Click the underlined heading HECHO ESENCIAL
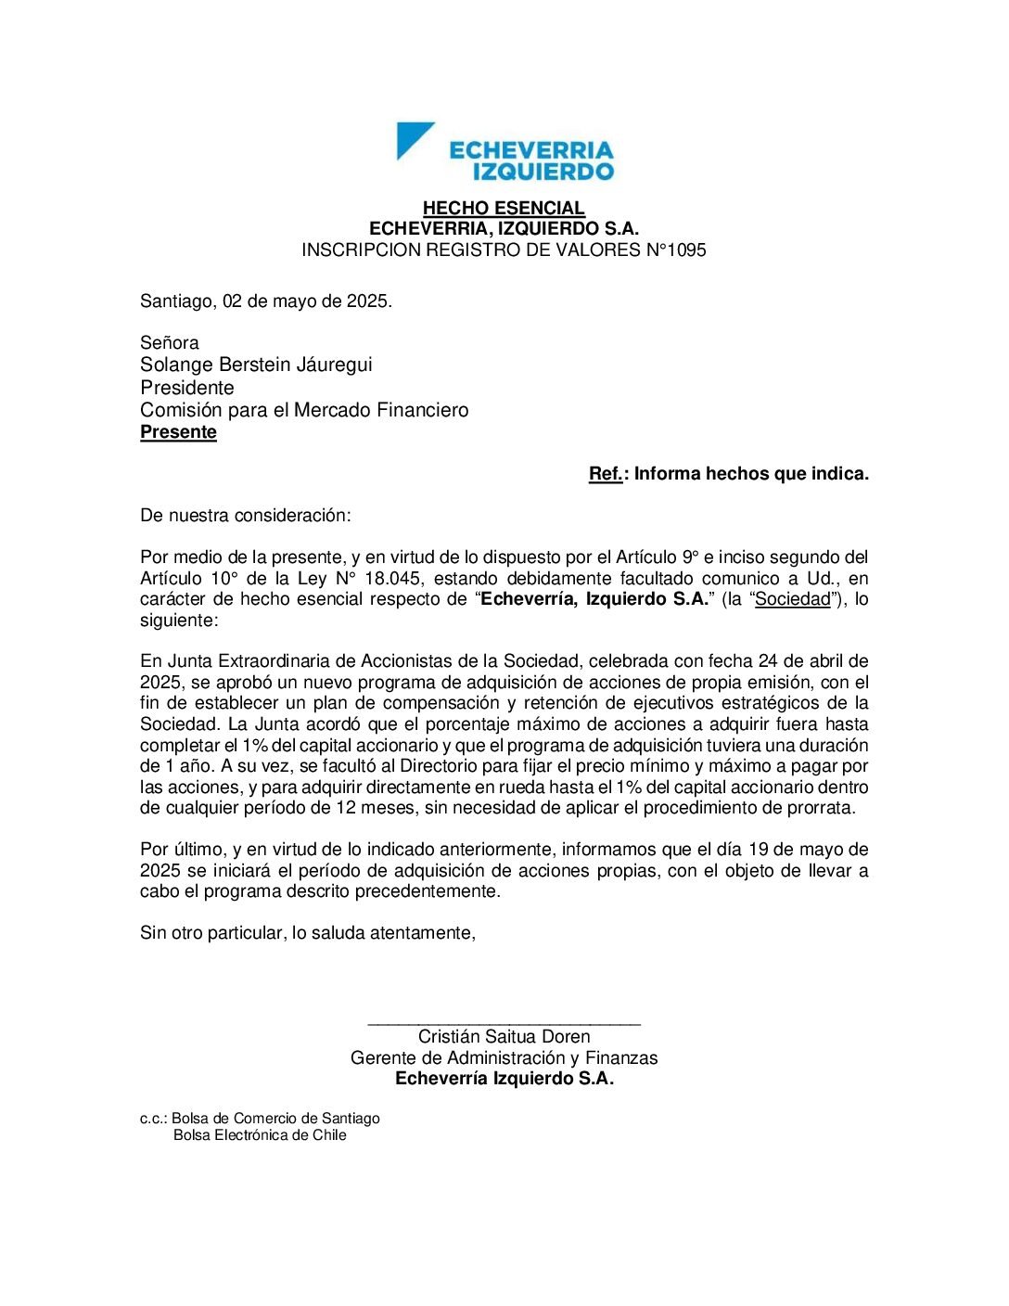504,208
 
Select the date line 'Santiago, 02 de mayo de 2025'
265,301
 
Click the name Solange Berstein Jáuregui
256,365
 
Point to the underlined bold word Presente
178,432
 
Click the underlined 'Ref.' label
605,474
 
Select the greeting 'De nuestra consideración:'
246,515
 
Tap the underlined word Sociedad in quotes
793,599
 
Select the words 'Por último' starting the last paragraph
181,850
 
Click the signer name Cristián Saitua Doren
504,1037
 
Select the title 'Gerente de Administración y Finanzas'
504,1058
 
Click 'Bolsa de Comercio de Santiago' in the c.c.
275,1119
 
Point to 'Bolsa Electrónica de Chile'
260,1135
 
